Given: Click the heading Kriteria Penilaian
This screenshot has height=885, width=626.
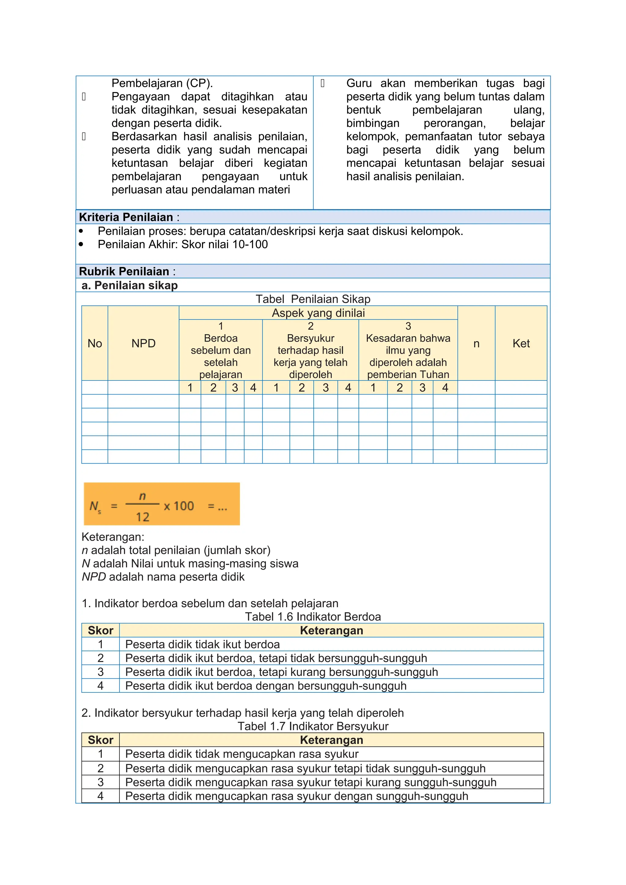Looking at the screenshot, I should (126, 217).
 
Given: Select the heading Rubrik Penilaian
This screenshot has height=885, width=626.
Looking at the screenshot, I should (124, 271).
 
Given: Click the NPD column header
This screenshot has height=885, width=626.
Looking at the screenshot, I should (143, 343).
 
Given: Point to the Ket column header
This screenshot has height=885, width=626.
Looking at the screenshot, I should (521, 343).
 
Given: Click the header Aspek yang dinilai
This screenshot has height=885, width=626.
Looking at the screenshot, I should (318, 313).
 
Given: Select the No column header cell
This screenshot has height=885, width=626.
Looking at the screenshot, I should (95, 343).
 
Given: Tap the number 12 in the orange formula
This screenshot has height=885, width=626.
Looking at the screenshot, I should (142, 517).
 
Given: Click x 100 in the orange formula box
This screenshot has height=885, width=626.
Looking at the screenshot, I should (179, 506).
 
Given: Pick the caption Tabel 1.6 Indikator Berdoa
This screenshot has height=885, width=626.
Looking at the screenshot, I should (313, 617).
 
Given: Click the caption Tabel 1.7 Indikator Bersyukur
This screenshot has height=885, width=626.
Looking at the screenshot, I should (313, 726).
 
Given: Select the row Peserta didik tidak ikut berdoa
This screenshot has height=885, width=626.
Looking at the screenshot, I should (202, 644).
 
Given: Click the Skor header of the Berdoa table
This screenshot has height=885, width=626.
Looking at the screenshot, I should (101, 631).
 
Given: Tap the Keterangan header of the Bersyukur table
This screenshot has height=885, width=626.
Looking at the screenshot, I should (332, 740).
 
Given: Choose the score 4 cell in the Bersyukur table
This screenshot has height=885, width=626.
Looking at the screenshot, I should (101, 796).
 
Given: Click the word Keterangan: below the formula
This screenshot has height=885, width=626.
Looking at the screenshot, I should (113, 537).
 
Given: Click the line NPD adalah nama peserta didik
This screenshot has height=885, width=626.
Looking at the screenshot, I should (163, 577).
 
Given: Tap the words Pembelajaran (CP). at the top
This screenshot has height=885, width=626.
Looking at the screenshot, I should (162, 83).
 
